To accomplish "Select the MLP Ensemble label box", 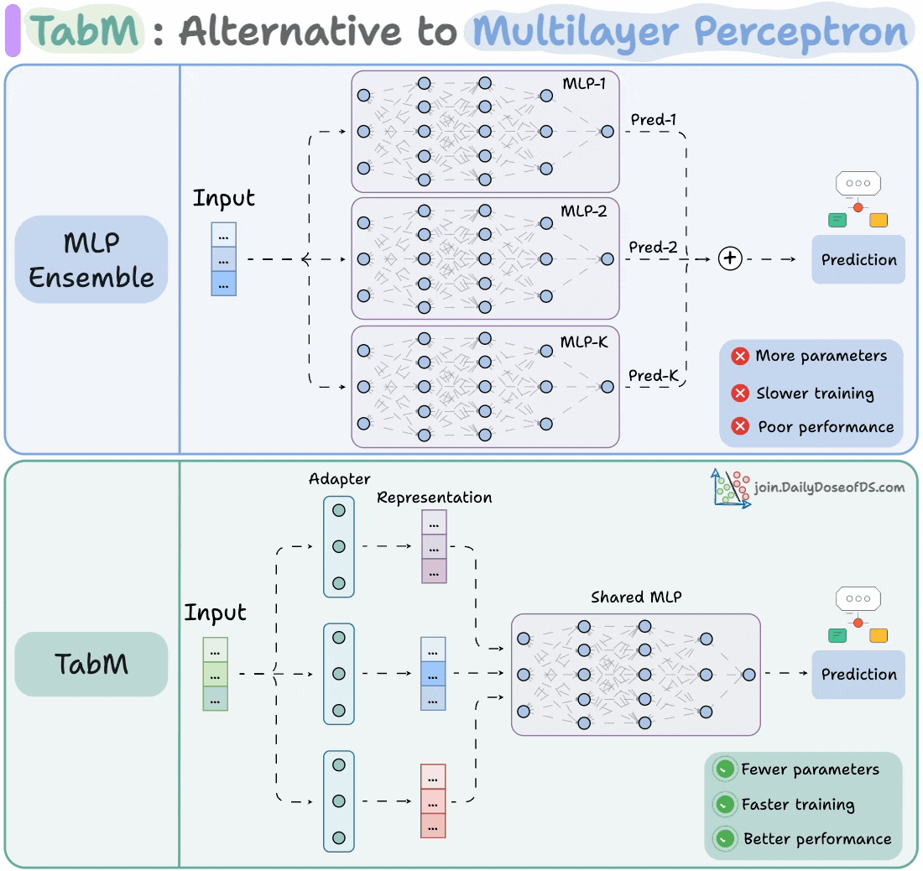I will (91, 259).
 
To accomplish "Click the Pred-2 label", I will (653, 248).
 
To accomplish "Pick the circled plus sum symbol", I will (730, 259).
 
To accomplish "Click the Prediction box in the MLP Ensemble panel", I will (858, 259).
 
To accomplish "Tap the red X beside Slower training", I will (740, 393).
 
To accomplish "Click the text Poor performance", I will (826, 427).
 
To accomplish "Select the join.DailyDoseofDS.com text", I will (829, 487).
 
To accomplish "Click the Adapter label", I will (339, 479).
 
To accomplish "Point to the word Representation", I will (434, 498).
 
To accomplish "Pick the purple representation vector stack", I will (434, 546).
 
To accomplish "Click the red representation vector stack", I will (433, 801).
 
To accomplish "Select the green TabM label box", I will (91, 664).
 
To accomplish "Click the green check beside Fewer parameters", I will (724, 769).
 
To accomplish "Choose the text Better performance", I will (816, 839).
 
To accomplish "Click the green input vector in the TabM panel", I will (216, 674).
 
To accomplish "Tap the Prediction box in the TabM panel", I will (858, 674).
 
